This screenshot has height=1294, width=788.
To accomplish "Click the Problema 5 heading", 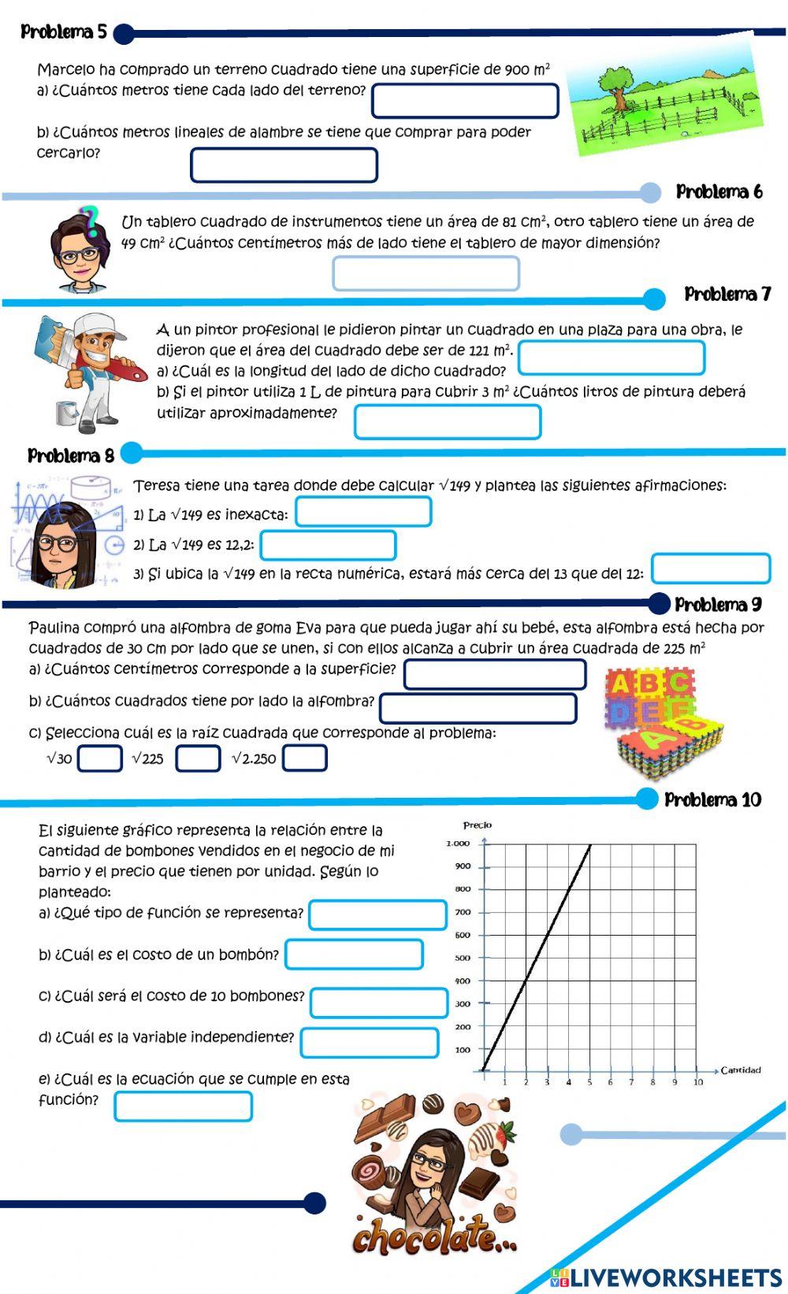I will pyautogui.click(x=63, y=32).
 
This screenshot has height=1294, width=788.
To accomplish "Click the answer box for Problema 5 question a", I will pyautogui.click(x=465, y=101).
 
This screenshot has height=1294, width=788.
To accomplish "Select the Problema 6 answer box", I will pyautogui.click(x=426, y=274).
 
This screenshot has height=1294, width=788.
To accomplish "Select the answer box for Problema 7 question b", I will pyautogui.click(x=448, y=421).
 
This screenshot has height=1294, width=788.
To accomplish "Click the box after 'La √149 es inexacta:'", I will pyautogui.click(x=363, y=512).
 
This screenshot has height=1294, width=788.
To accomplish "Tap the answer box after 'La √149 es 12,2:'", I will pyautogui.click(x=328, y=545).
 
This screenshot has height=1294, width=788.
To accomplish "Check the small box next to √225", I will pyautogui.click(x=198, y=758).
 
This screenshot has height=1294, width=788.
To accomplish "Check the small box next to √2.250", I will pyautogui.click(x=305, y=758).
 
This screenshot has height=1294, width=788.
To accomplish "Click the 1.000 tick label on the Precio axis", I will pyautogui.click(x=458, y=844).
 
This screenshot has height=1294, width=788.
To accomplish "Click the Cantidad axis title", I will pyautogui.click(x=741, y=1070).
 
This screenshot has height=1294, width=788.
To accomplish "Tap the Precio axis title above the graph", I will pyautogui.click(x=477, y=825).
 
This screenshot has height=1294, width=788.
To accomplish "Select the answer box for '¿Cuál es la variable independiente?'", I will pyautogui.click(x=369, y=1043).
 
